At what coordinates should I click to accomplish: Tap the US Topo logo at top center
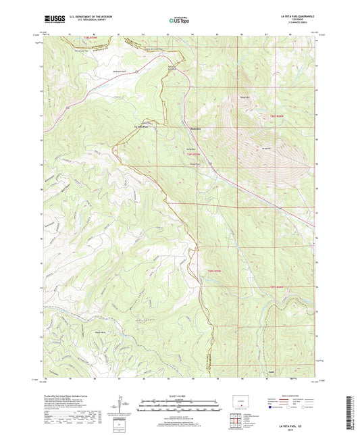pos(178,21)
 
